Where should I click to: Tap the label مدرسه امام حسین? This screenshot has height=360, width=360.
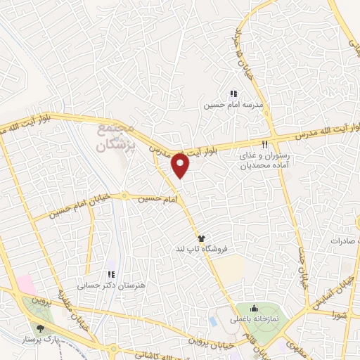tap(232, 105)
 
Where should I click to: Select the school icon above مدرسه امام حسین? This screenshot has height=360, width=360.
tap(233, 94)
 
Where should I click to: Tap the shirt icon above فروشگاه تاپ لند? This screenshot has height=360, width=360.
tap(201, 239)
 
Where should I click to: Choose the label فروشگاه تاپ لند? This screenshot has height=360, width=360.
tap(211, 250)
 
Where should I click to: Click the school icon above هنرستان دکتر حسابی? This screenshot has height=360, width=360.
tap(110, 274)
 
